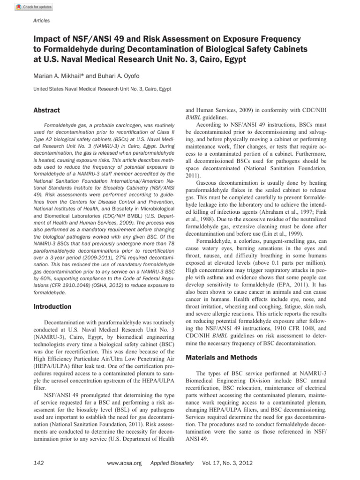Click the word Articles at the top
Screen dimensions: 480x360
[41, 21]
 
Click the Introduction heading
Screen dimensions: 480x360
[52, 307]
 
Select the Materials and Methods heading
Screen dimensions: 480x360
[221, 358]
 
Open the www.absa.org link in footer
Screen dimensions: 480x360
[124, 463]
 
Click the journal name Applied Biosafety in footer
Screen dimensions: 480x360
[172, 463]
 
